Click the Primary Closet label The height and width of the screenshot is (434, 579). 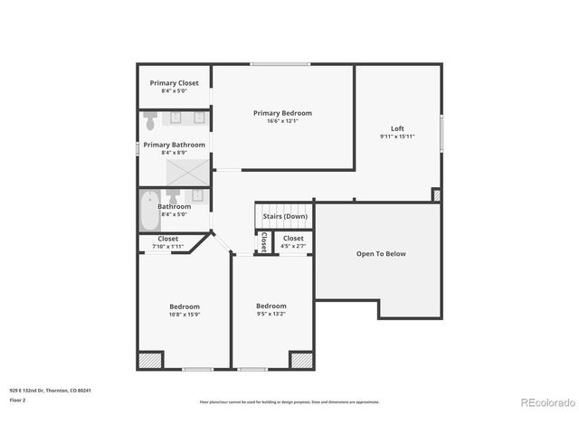click(174, 83)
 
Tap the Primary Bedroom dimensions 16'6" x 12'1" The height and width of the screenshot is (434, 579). click(282, 121)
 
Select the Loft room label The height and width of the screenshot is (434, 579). click(397, 128)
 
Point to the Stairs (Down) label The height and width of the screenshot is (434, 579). click(285, 217)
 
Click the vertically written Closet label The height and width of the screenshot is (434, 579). click(263, 243)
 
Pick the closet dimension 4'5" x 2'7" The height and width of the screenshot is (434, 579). click(293, 246)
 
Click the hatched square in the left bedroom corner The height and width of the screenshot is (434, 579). click(149, 360)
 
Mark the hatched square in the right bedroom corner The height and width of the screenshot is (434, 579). click(301, 360)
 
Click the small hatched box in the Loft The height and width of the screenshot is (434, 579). click(436, 194)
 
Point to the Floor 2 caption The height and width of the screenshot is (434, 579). click(18, 400)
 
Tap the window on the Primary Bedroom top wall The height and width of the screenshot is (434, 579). click(280, 64)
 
